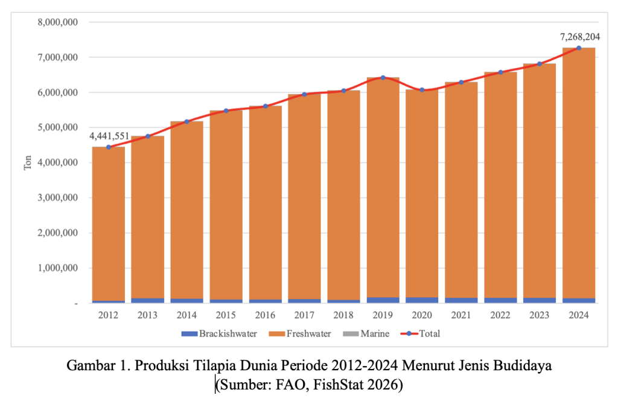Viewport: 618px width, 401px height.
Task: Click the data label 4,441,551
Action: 109,136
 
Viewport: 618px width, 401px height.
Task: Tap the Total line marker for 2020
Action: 422,90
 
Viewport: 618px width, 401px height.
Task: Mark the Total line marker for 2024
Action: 579,48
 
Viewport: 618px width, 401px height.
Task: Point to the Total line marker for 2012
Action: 109,147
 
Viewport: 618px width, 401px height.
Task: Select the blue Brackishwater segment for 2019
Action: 383,300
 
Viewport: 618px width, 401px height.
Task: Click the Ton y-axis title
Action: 28,163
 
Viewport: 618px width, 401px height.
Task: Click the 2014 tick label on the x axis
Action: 186,315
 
